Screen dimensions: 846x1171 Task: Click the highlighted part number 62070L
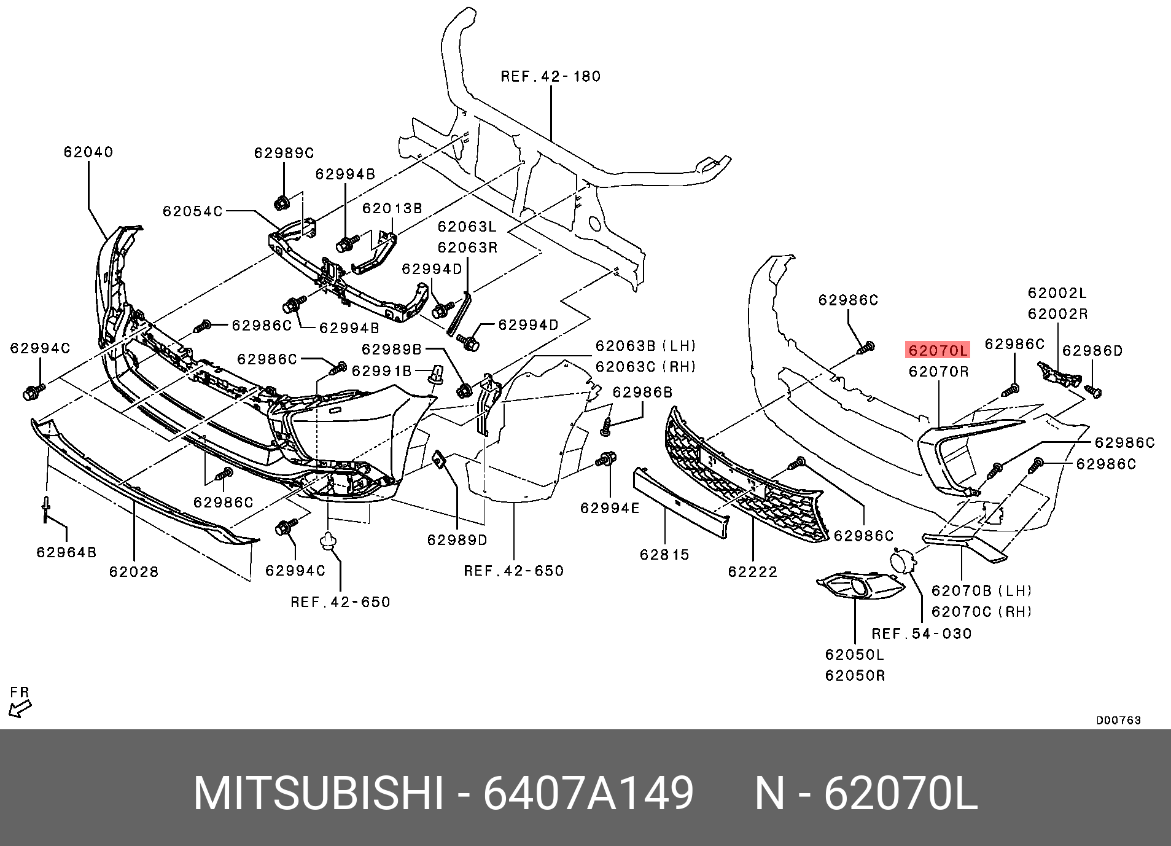point(937,350)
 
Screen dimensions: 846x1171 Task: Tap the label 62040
point(88,152)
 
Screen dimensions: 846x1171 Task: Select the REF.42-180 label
point(550,76)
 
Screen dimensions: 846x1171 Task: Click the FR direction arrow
point(20,709)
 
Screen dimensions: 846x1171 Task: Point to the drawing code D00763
point(1118,720)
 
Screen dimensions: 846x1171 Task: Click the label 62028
point(134,571)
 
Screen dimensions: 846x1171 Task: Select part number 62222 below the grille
point(752,571)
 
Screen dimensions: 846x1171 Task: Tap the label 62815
point(664,554)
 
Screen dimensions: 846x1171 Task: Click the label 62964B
point(66,552)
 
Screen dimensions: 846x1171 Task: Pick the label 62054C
point(192,211)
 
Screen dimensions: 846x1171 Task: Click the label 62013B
point(392,208)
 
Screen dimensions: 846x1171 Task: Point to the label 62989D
point(457,539)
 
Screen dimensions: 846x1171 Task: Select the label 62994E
point(610,507)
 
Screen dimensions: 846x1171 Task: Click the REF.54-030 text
point(922,633)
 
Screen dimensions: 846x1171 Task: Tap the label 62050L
point(854,654)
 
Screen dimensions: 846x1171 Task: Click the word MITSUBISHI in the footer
point(318,793)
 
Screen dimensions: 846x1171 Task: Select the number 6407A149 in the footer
point(588,793)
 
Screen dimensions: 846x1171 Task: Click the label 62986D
point(1092,350)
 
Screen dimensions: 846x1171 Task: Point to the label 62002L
point(1057,292)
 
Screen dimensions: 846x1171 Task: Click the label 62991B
point(381,370)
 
